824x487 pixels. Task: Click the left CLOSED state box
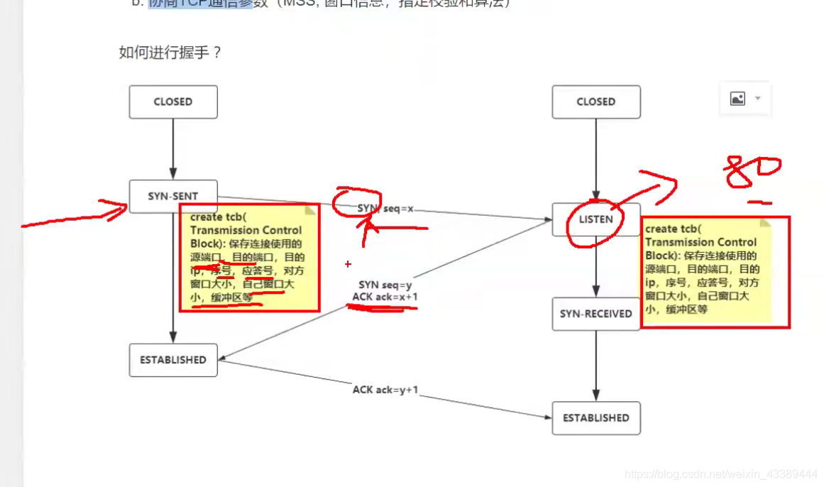[x=173, y=102]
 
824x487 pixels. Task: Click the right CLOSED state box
[x=596, y=102]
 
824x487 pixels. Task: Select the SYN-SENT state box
[x=173, y=196]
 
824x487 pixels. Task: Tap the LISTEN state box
[x=596, y=219]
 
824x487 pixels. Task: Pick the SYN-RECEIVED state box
[x=596, y=314]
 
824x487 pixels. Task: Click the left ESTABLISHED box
[x=173, y=360]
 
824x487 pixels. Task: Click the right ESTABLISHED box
[x=596, y=418]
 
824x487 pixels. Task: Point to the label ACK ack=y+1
[x=385, y=390]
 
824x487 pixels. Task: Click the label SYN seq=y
[x=385, y=285]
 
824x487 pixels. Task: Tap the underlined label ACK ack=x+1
[x=385, y=297]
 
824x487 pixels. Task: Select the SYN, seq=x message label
[x=385, y=209]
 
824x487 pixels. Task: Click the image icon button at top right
[x=737, y=99]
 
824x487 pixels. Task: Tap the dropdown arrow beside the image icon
[x=757, y=99]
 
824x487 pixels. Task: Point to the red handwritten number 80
[x=752, y=173]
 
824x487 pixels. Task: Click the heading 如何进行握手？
[x=170, y=53]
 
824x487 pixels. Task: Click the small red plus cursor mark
[x=348, y=264]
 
